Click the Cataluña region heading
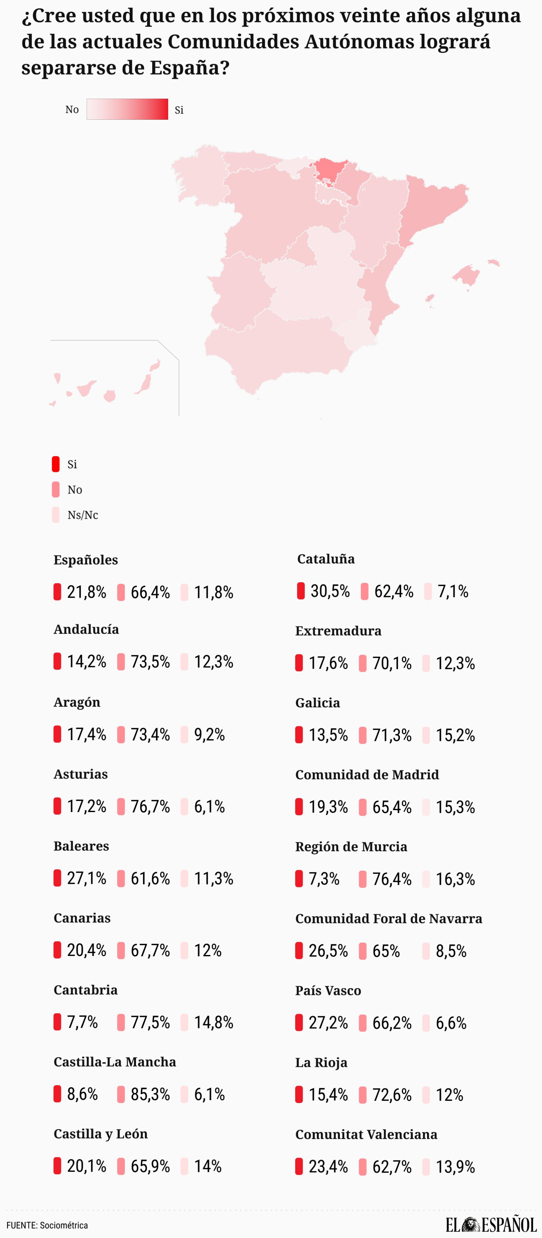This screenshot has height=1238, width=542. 326,559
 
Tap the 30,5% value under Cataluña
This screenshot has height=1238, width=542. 330,591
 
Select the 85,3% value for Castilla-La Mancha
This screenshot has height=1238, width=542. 150,1094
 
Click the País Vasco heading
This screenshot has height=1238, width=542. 328,991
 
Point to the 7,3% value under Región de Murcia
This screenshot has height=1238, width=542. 324,879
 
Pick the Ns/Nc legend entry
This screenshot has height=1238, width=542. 82,515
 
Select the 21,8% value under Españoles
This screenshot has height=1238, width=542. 86,592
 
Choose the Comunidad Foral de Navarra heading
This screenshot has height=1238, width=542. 389,918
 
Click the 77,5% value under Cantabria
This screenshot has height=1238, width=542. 150,1022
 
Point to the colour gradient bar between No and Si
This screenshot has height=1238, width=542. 127,109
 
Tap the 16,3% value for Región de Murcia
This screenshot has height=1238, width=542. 455,879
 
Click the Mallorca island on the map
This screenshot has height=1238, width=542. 465,275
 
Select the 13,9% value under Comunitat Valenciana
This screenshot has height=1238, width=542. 455,1167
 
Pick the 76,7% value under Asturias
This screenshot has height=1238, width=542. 150,806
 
